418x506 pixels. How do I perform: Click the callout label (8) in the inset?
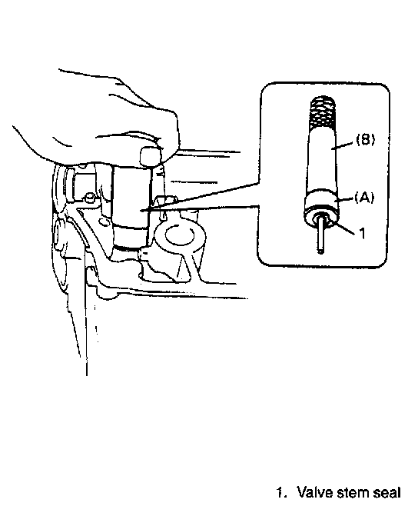point(366,140)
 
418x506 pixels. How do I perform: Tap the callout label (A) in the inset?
point(364,197)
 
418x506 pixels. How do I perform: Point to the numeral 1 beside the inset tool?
point(363,233)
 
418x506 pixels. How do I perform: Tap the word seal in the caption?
point(387,492)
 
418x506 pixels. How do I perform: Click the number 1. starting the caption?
point(281,493)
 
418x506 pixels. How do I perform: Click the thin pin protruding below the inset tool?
point(320,235)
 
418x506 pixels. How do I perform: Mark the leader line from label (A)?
point(343,199)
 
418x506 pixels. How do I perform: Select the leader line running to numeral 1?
point(343,227)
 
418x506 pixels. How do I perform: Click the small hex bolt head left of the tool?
point(90,197)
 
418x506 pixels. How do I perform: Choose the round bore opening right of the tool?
point(179,235)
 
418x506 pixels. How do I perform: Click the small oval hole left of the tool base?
point(103,222)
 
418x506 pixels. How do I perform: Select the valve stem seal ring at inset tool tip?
point(321,218)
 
